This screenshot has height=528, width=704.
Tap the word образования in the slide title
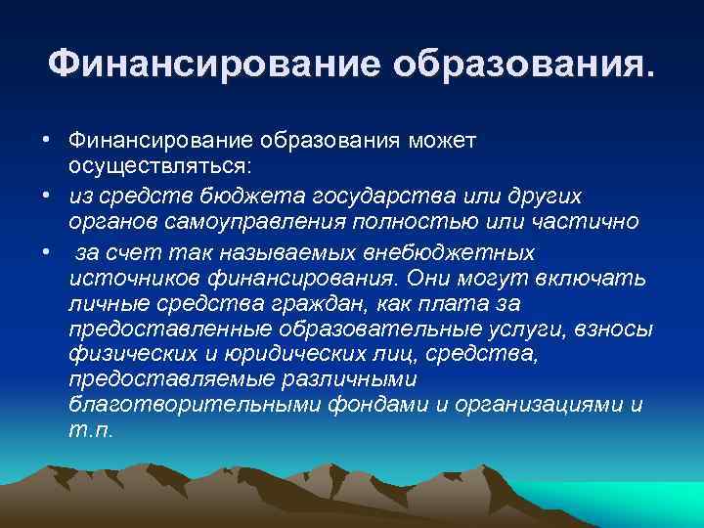tap(519, 64)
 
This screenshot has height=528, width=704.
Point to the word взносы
tap(618, 328)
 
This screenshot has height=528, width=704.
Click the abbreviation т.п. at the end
tap(90, 429)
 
